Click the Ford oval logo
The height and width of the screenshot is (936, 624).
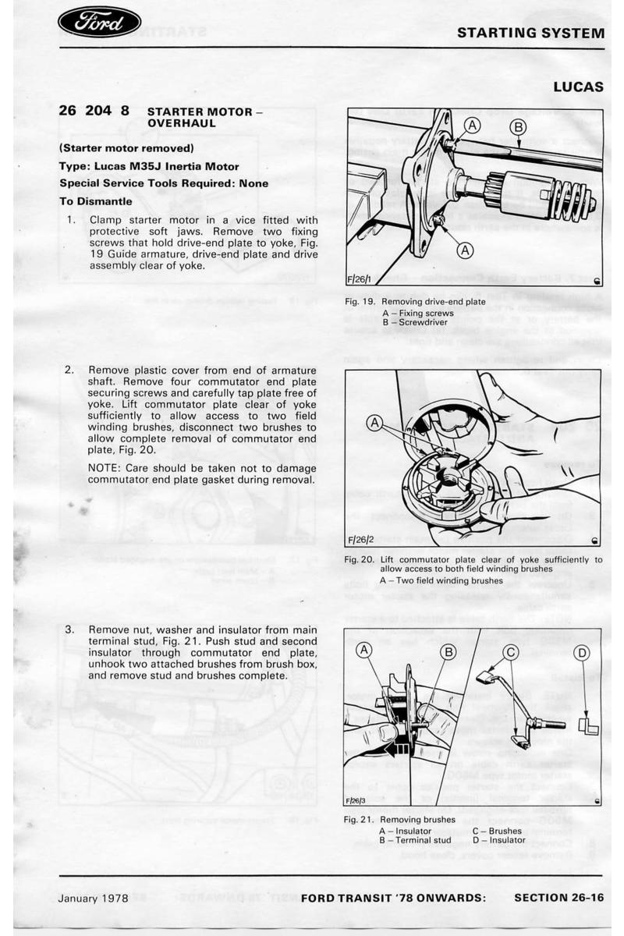(99, 23)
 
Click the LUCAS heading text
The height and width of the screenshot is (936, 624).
(579, 87)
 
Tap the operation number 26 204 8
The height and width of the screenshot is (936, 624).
(94, 111)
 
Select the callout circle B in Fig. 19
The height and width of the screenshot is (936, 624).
(518, 127)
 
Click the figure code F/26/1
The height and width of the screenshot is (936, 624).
(360, 280)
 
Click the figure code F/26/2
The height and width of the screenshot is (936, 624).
(361, 539)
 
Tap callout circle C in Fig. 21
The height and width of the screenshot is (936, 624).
(510, 652)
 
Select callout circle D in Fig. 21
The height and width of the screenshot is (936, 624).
(583, 652)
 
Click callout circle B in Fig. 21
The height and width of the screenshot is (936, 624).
(448, 652)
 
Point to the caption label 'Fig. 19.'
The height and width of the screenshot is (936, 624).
(360, 302)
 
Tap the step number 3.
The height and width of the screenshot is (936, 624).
(69, 629)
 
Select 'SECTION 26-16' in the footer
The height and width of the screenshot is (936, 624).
(558, 898)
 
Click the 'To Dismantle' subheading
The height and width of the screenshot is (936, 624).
(95, 200)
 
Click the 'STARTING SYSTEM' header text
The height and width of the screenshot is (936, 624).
(530, 33)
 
